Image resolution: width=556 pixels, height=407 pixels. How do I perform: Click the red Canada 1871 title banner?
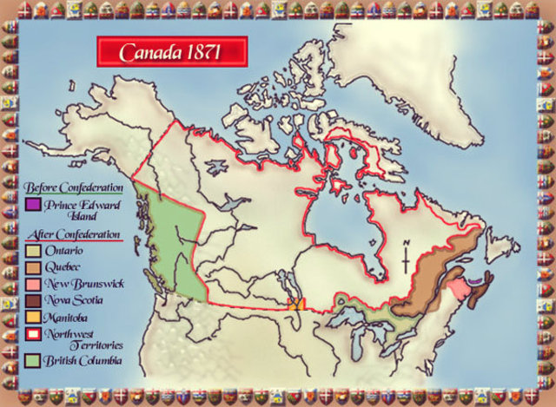[x=171, y=52]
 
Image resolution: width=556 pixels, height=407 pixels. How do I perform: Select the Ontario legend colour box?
[x=32, y=252]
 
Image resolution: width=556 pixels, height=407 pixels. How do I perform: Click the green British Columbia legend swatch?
[x=32, y=360]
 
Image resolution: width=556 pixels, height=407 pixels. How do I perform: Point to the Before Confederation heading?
[x=74, y=187]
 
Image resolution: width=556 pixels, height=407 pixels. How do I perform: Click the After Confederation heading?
[x=73, y=234]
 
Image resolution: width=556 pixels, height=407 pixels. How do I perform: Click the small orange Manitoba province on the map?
[x=296, y=304]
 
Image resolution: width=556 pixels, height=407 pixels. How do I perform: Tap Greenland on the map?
[x=408, y=78]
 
